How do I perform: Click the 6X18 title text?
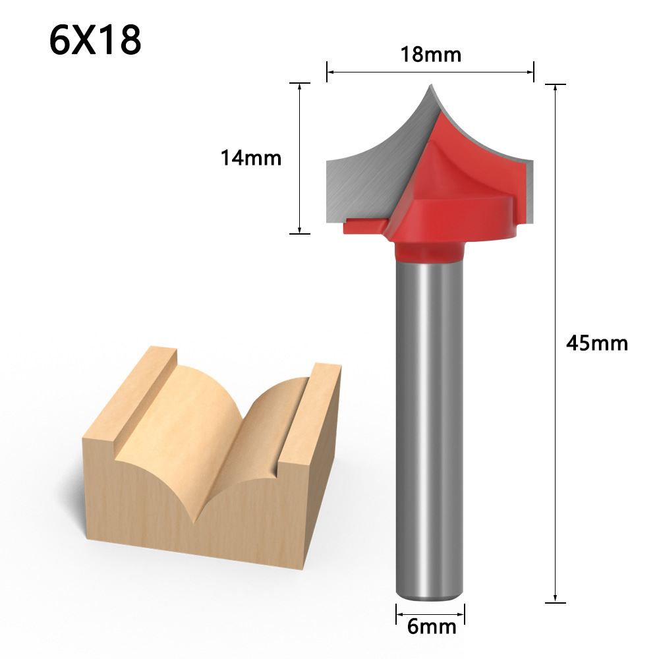tap(95, 40)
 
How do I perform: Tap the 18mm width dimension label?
tap(431, 55)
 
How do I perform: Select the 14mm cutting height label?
tap(250, 158)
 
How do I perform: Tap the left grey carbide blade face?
tap(362, 178)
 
